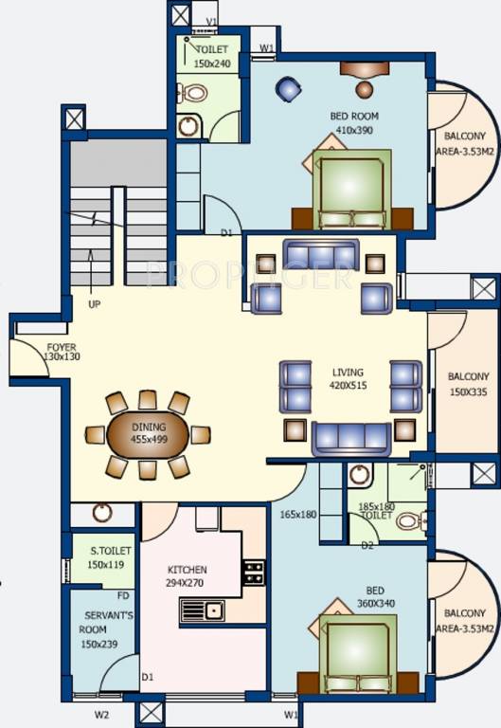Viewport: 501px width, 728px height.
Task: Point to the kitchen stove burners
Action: point(253,572)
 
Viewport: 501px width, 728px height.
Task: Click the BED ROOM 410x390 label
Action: point(355,123)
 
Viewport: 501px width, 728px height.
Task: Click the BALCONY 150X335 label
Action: point(467,383)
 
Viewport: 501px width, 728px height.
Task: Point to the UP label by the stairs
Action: point(94,305)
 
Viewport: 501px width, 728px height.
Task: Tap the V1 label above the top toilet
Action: point(212,21)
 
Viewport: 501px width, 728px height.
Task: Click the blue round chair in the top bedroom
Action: point(288,89)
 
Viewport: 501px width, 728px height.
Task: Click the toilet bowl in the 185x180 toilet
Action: point(408,520)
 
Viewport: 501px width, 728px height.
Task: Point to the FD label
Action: point(123,596)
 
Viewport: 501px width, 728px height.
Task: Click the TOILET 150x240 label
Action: point(213,57)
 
